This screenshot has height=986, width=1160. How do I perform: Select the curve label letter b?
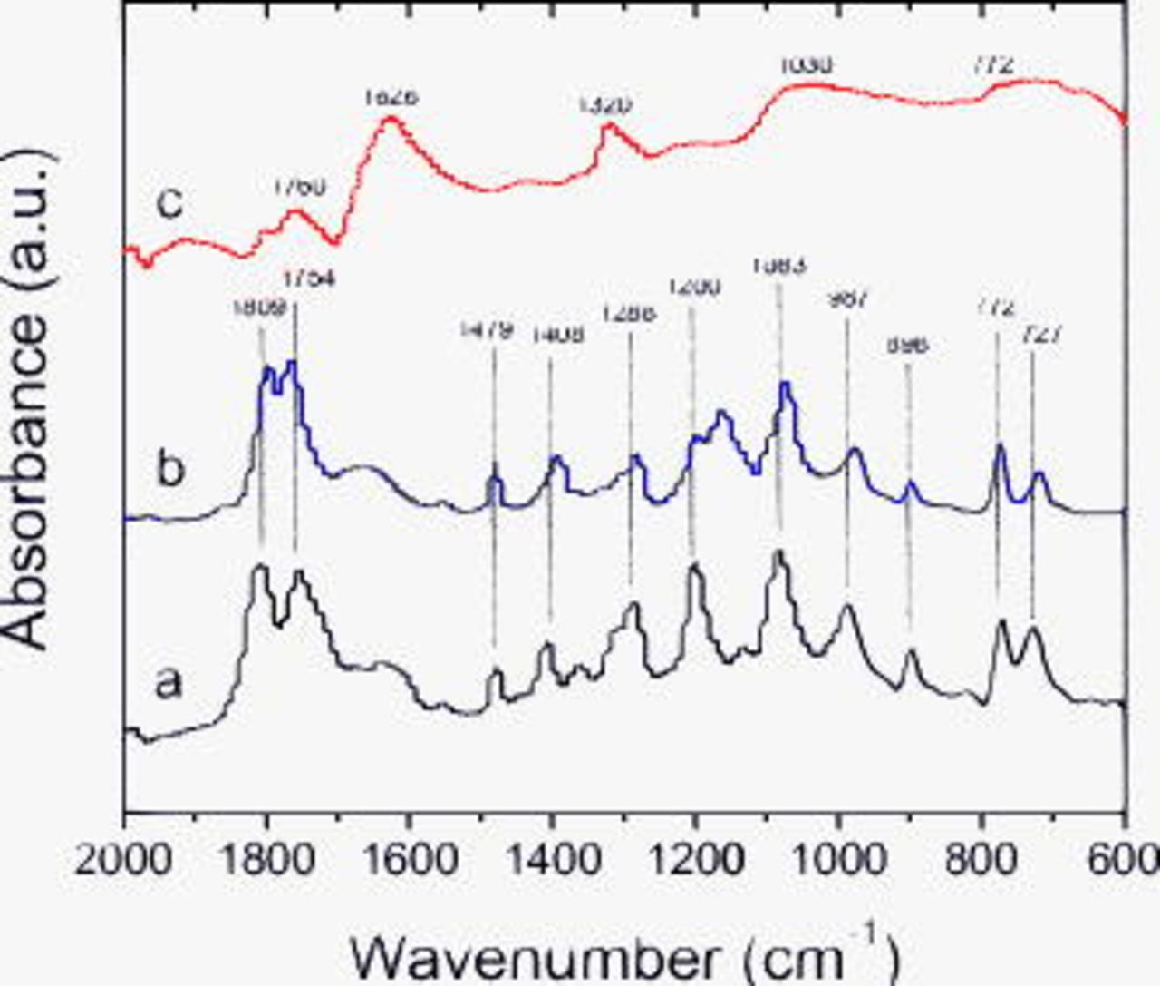[x=169, y=472]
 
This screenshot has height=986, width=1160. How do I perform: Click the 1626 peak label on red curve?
[x=391, y=96]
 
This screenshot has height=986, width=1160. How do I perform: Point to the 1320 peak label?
[x=604, y=105]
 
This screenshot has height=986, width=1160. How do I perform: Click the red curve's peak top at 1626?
[x=391, y=120]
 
